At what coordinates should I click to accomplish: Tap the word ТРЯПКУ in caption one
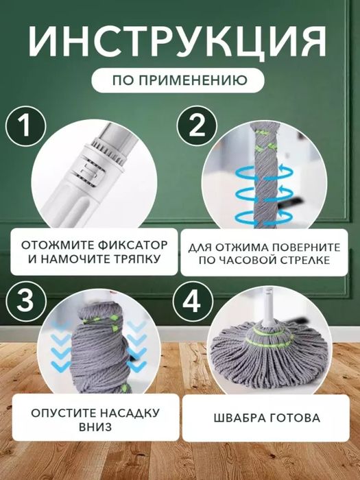pyautogui.click(x=128, y=259)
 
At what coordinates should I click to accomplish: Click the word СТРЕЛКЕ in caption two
pyautogui.click(x=306, y=260)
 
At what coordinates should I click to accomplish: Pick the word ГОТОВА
pyautogui.click(x=295, y=418)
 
